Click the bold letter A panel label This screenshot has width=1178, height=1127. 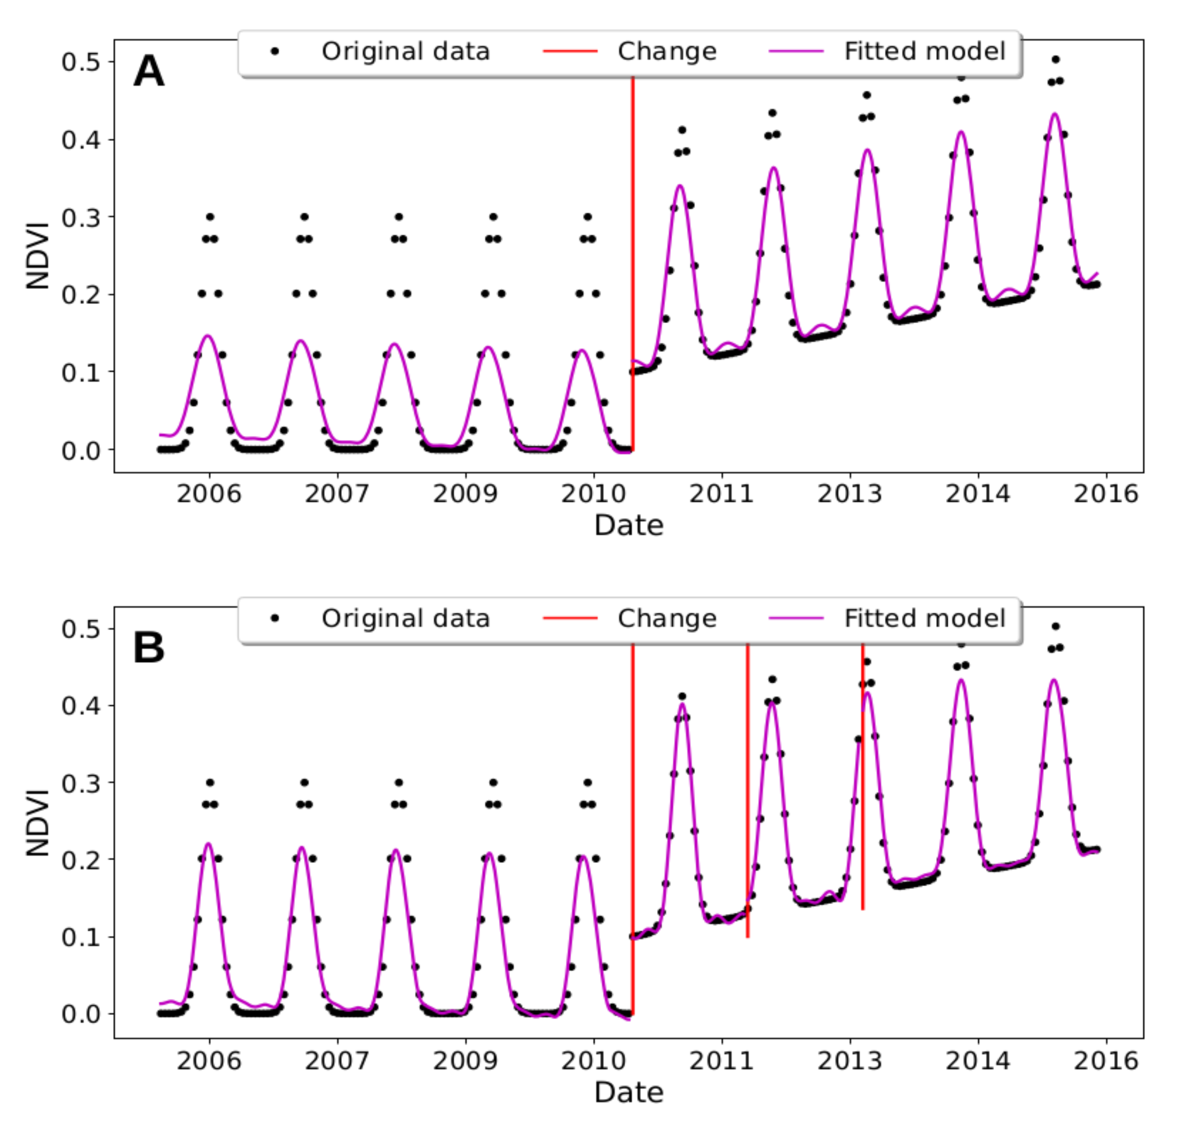149,71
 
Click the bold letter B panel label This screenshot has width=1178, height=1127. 149,648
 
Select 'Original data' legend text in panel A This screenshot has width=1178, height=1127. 405,51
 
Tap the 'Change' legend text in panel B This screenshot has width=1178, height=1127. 667,618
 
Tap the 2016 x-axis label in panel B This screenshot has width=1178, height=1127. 1106,1061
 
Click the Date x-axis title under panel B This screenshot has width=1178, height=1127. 628,1092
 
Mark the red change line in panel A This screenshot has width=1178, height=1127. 632,270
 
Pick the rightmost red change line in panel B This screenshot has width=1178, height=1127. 862,781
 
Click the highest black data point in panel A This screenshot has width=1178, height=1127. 1055,60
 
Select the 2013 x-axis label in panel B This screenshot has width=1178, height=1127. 849,1061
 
